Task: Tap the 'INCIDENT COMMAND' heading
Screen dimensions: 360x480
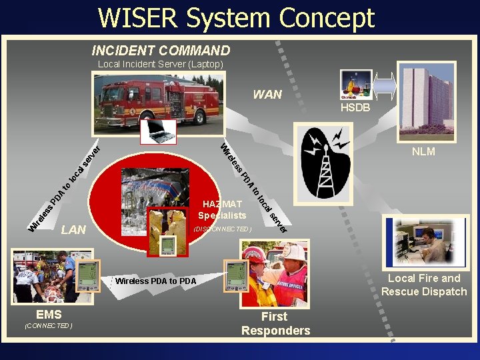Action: tap(161, 51)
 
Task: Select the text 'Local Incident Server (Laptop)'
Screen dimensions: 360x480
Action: tap(161, 65)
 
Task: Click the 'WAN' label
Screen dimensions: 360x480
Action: tap(267, 95)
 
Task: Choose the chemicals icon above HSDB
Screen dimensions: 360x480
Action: tap(356, 84)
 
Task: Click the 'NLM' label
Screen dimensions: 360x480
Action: tap(423, 152)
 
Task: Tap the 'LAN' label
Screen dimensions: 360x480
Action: tap(73, 230)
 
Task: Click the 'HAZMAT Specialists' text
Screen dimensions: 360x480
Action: tap(222, 209)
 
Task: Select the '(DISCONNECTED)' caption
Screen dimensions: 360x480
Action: tap(222, 229)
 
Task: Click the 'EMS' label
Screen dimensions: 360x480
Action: tap(49, 315)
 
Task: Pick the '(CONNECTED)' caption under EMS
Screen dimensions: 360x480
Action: tap(48, 325)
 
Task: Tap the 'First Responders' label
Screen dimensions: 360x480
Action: tap(275, 323)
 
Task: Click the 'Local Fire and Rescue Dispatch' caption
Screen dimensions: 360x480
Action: tap(424, 285)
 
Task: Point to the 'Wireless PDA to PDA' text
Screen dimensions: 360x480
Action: tap(156, 281)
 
